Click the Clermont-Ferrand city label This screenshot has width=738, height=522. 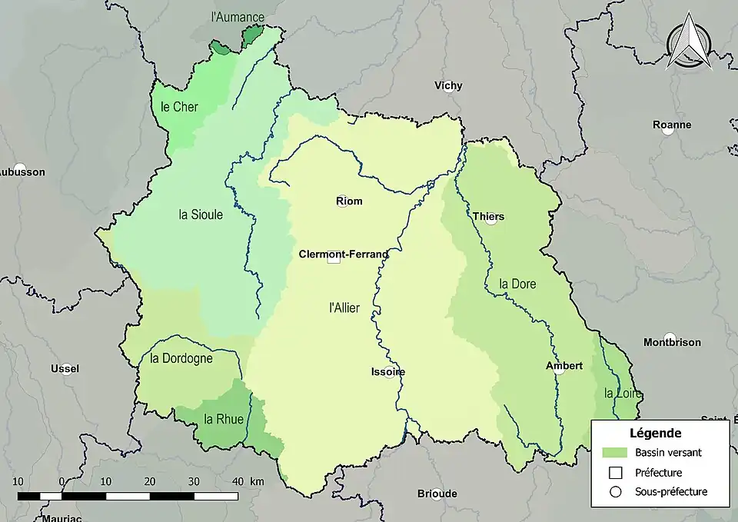coord(344,254)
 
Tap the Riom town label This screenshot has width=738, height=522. coord(349,201)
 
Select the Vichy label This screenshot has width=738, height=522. coord(448,85)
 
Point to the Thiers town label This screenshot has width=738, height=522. coord(488,217)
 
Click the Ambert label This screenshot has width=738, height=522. coord(564,366)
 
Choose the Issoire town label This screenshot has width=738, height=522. coord(387,371)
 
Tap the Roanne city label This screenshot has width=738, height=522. coord(671,125)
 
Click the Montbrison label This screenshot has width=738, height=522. coord(670,342)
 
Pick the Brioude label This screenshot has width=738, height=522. coord(437,494)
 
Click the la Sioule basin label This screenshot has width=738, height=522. coord(201,214)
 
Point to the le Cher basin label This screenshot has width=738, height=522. coord(179,107)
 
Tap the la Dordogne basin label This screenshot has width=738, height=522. coord(181,358)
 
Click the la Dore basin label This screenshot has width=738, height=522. coord(517,284)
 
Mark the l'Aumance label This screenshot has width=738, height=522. coord(238,17)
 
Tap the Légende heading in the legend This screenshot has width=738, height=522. coord(655,433)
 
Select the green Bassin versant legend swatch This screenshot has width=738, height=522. coord(615,452)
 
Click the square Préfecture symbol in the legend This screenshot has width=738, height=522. coord(615,472)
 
